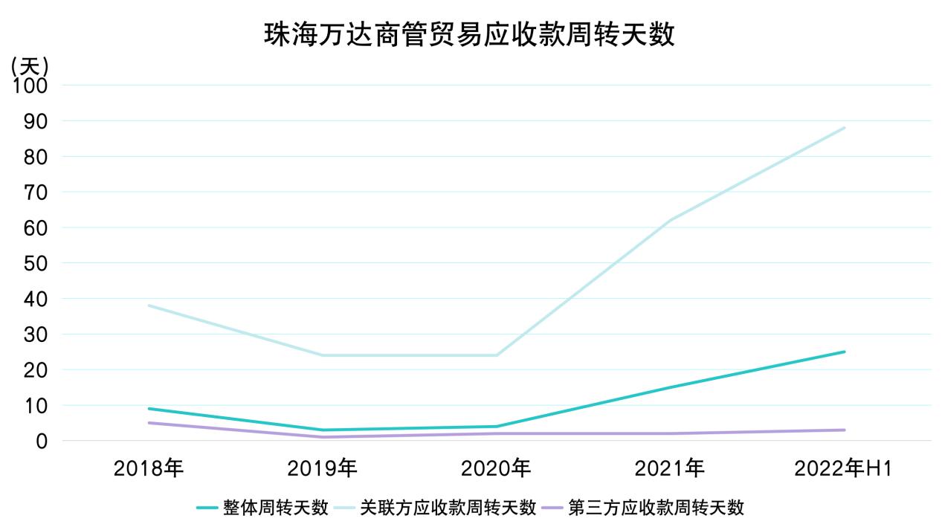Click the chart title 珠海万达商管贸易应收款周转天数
coord(470,33)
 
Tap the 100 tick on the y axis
coord(30,85)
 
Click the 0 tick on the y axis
coord(42,441)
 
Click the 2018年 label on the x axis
coord(148,468)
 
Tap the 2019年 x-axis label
coord(322,468)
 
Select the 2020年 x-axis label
coord(496,468)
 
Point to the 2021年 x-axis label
coord(670,468)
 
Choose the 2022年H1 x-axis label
coord(843,468)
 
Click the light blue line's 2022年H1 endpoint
coord(845,128)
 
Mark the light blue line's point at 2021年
coord(671,220)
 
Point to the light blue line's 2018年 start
coord(149,306)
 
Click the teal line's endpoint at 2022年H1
coord(845,352)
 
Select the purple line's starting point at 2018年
coord(149,423)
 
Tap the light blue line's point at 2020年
coord(497,355)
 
